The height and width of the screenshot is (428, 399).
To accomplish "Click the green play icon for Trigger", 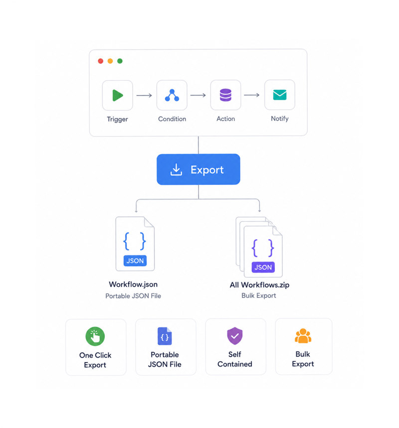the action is point(118,95).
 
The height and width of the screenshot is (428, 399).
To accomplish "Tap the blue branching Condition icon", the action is point(172,95).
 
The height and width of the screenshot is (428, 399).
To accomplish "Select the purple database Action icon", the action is point(226,95).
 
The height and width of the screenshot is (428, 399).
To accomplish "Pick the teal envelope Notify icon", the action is point(280,95).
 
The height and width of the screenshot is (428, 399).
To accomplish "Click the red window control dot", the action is point(101,61).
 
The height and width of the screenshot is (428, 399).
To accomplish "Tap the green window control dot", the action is point(120,61).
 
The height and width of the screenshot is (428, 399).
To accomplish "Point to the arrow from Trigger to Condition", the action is point(144,95).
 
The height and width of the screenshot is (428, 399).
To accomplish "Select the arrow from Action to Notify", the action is point(252,95).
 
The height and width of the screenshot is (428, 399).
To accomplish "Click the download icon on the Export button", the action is point(176,169).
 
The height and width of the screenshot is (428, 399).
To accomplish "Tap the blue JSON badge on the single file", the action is point(135,261).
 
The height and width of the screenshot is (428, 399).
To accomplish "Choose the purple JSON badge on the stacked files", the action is point(263,267).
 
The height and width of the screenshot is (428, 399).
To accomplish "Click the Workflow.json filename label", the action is point(133,285).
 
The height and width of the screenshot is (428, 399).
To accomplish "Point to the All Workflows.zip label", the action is point(259,285).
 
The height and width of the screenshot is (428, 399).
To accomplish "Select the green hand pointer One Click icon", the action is point(95,336).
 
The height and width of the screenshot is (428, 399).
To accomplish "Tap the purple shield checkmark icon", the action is point(235,336).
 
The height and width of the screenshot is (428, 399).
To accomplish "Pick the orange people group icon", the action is point(303,336).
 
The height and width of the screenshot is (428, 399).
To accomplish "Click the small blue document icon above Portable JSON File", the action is point(165,336).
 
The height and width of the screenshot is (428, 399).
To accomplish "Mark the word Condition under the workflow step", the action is point(172,119).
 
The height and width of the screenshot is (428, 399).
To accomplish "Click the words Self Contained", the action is point(235,359).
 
